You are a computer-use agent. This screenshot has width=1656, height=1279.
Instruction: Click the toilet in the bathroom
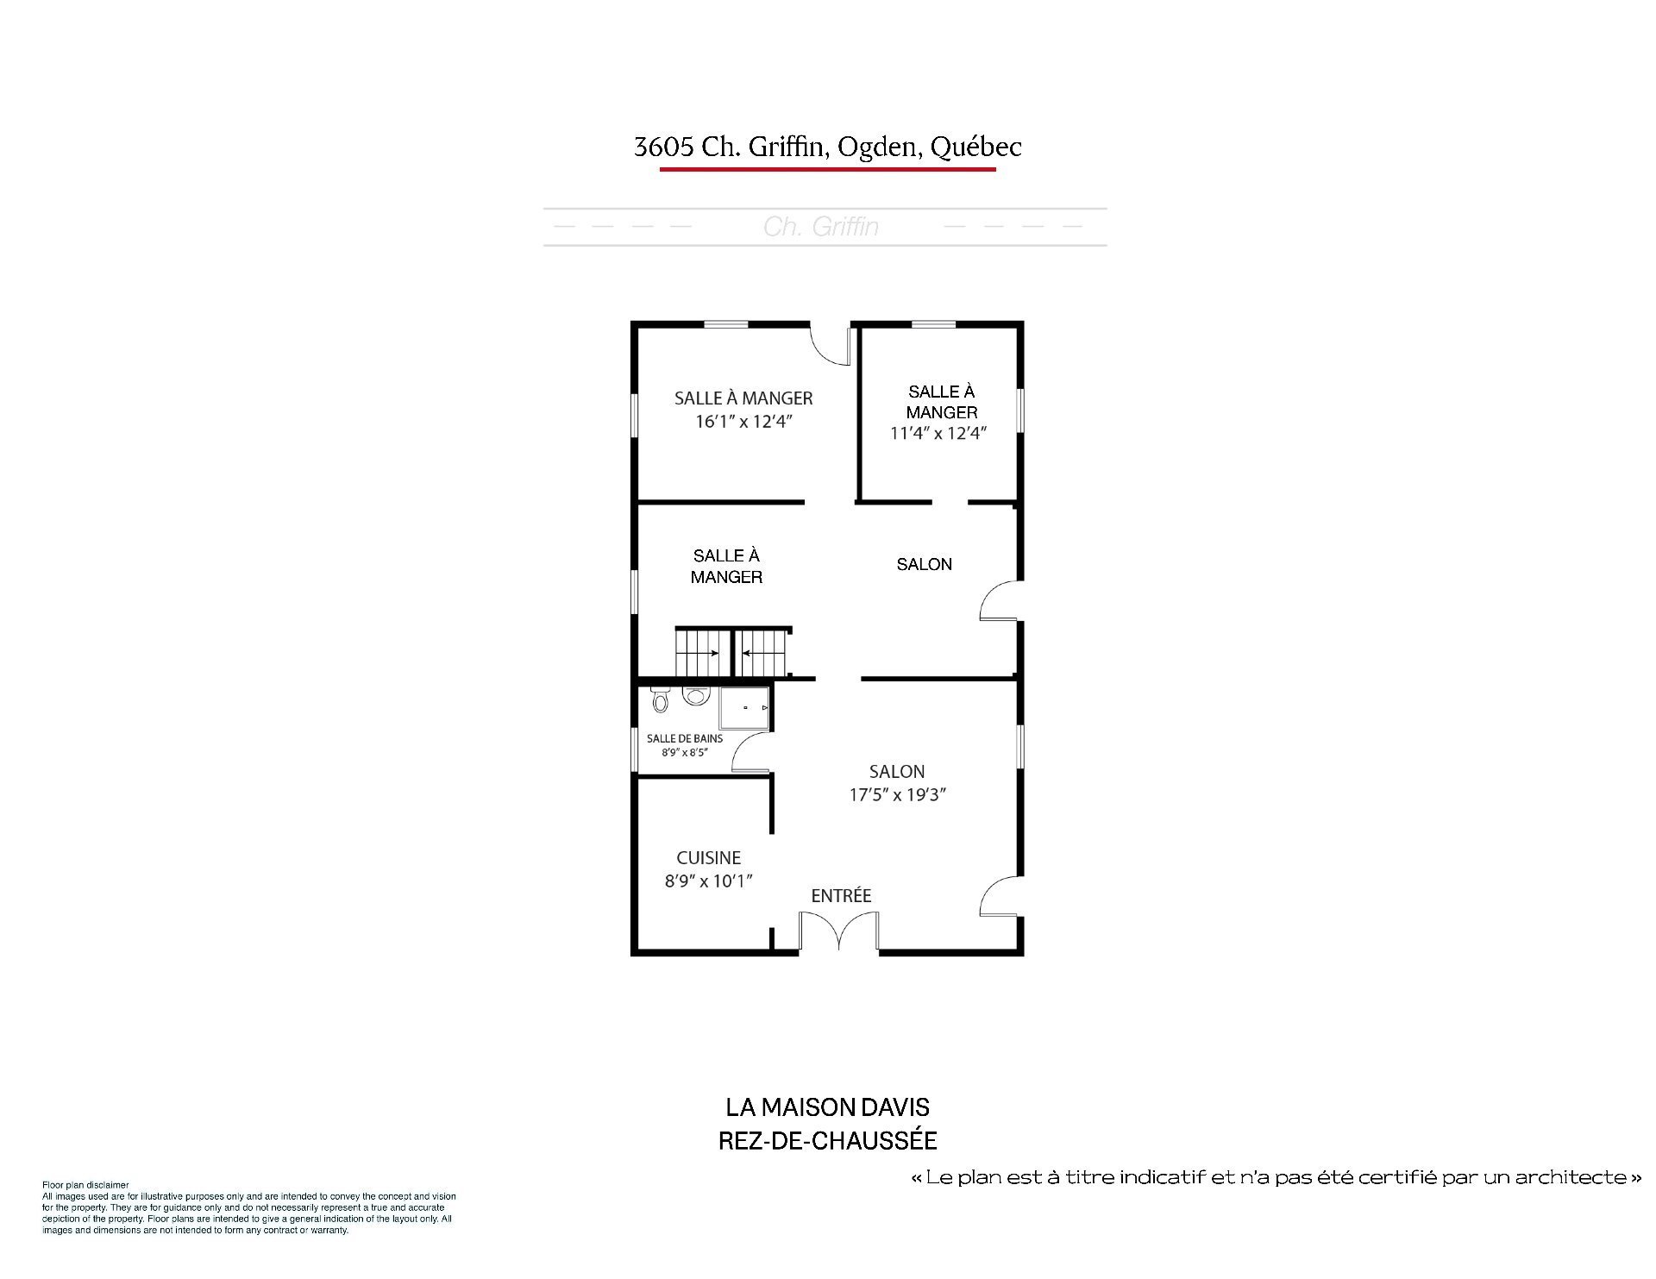tap(661, 699)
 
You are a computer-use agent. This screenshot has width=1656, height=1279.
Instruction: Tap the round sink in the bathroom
tap(695, 694)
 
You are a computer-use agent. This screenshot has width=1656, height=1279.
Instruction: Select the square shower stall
tap(744, 708)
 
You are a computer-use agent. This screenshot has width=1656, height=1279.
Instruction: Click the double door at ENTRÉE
tap(838, 931)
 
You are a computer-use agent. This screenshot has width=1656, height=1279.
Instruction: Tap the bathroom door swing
tap(749, 750)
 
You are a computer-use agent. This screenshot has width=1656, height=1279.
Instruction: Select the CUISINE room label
tap(709, 858)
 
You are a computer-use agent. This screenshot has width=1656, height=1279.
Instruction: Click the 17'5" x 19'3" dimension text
tap(898, 795)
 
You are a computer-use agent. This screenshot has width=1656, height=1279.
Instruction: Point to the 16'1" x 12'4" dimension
tap(743, 422)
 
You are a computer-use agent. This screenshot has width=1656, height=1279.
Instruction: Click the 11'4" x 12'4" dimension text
tap(938, 433)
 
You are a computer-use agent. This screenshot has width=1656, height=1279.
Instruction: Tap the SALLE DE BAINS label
tap(685, 739)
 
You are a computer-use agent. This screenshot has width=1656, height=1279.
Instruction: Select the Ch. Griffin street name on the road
tap(821, 227)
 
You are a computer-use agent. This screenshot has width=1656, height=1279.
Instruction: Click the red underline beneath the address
tap(828, 169)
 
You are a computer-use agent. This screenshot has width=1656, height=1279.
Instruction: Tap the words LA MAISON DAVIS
tap(828, 1107)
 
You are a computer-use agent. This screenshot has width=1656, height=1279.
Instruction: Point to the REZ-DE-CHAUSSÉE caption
tap(828, 1141)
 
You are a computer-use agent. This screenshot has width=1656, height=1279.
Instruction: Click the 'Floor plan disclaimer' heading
tap(85, 1186)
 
